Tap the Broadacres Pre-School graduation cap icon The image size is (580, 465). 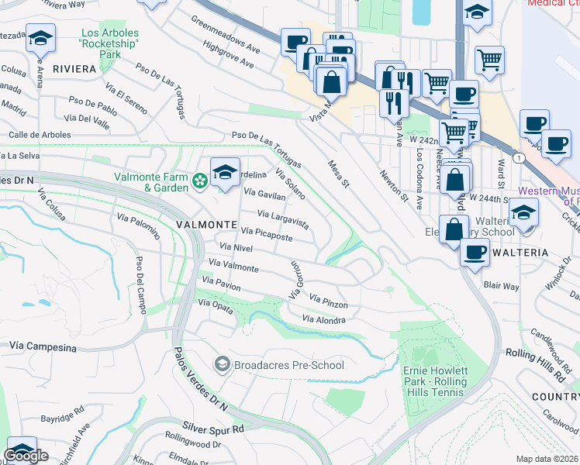pos(222,364)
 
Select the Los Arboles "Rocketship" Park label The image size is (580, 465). pos(111,44)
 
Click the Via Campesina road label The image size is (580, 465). pos(43,343)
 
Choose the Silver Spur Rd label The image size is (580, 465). pos(213,428)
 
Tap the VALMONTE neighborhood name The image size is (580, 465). pos(206,224)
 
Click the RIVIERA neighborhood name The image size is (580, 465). pos(74,69)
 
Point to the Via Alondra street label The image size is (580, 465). pos(323,319)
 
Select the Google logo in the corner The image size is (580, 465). pos(26,456)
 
